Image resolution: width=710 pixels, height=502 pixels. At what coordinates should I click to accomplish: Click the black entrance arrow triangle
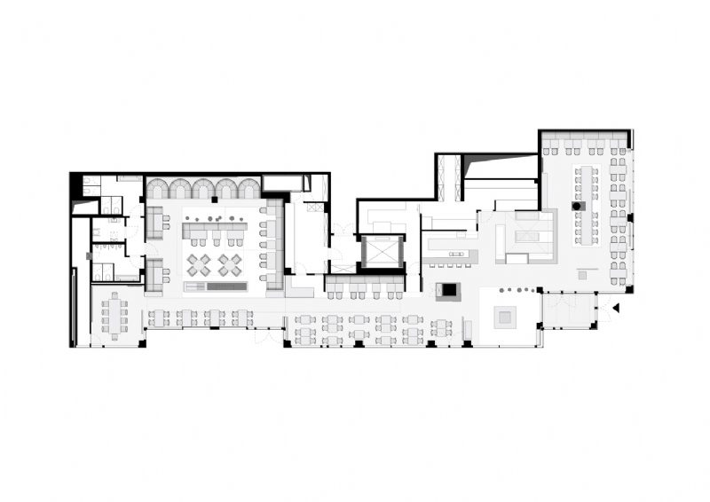click(615, 308)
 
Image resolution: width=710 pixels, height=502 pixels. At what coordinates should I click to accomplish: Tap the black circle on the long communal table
click(576, 206)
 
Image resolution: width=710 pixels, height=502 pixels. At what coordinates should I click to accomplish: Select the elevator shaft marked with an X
click(382, 252)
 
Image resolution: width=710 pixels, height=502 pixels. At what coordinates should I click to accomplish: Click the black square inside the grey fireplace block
click(448, 289)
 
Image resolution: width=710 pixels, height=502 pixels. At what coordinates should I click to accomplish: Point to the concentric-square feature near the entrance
click(507, 315)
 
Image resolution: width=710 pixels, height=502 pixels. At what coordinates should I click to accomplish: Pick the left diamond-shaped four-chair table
click(199, 264)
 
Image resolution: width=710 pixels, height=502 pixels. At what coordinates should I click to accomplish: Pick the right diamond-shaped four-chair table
click(230, 264)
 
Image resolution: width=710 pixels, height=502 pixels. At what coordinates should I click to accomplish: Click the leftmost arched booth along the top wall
click(160, 188)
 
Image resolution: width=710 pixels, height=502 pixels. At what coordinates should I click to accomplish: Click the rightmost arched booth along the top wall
click(248, 188)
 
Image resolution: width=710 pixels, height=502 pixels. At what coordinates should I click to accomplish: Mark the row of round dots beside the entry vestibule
click(519, 289)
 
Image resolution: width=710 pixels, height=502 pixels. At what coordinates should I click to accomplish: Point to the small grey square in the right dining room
click(582, 276)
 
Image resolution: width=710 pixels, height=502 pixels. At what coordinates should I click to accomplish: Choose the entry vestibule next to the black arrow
click(569, 310)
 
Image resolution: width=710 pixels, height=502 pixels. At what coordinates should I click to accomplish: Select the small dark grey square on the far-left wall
click(89, 255)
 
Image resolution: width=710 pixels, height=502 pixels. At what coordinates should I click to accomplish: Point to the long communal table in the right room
click(586, 204)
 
